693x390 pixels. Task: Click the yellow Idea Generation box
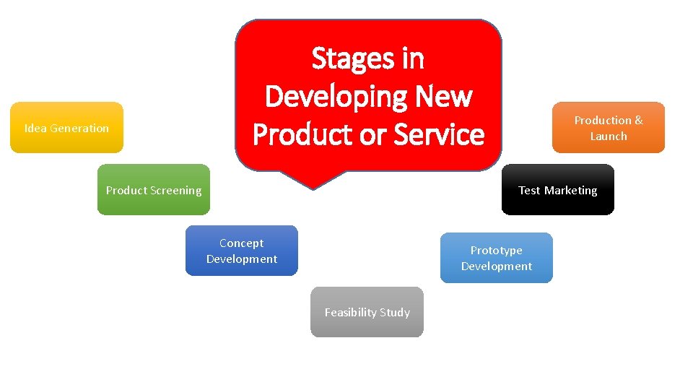(66, 128)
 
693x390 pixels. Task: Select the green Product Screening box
(154, 190)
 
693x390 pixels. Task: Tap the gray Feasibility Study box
(367, 312)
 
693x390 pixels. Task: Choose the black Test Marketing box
(557, 190)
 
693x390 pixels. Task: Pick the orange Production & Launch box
(608, 128)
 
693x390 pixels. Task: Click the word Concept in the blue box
(241, 243)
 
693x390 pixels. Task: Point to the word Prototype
(496, 251)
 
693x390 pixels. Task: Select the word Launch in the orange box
(609, 136)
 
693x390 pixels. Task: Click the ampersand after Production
(638, 121)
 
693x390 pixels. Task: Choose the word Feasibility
(352, 313)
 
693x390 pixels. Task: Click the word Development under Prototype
(496, 266)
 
